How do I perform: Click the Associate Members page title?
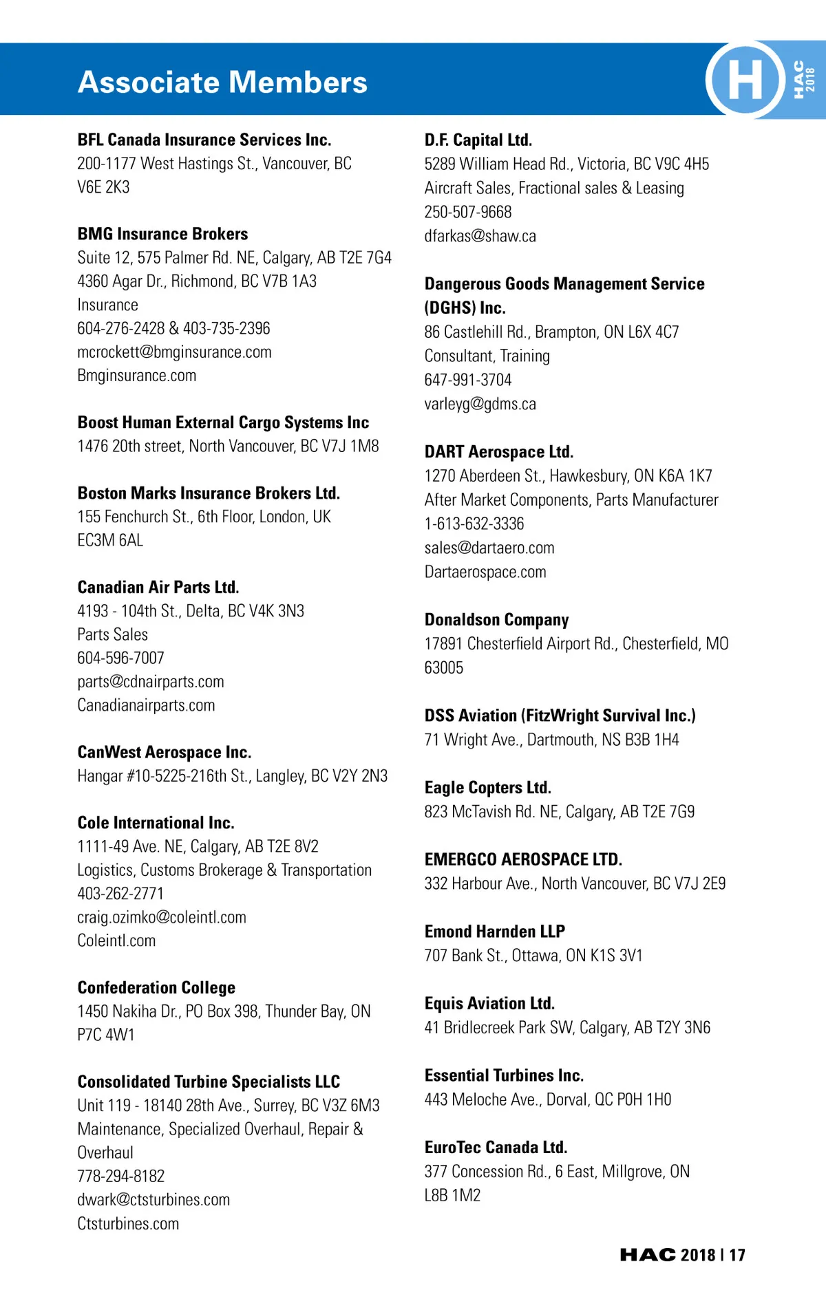(222, 83)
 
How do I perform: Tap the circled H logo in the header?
(745, 79)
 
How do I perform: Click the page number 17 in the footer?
(737, 1255)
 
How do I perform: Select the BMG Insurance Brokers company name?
(162, 234)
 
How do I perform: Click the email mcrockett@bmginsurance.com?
(174, 352)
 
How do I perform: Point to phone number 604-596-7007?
(120, 658)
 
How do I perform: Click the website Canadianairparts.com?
(146, 705)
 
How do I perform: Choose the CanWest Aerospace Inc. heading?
(165, 752)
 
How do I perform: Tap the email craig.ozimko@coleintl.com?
(162, 917)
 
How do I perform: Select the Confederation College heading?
(156, 988)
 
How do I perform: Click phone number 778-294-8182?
(120, 1177)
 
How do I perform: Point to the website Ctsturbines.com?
(128, 1224)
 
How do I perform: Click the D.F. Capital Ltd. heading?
(478, 140)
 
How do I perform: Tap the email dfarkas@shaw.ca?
(480, 236)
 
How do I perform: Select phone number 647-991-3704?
(468, 380)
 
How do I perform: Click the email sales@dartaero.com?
(489, 548)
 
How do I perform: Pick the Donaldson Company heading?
(496, 620)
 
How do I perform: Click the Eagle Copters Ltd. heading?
(487, 788)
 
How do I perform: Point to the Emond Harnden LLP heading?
(494, 932)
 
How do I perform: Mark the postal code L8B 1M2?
(452, 1195)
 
